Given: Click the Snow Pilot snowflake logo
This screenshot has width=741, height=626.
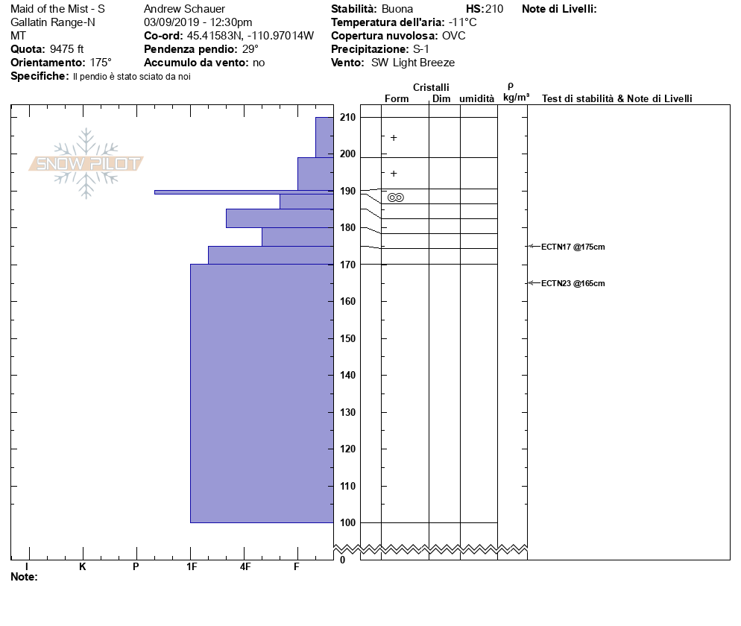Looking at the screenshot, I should pos(86,163).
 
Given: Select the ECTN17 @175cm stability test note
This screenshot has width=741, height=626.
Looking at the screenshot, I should pos(573,247).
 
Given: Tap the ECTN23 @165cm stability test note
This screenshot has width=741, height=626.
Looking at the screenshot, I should pos(573,283).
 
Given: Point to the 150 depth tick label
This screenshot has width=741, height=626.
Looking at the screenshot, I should pos(347,338).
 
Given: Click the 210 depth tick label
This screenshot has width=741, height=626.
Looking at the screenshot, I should pos(347,118).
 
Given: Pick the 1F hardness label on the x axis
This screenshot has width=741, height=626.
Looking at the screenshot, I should pos(192,567).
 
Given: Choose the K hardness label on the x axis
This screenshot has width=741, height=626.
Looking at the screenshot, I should pos(83,567).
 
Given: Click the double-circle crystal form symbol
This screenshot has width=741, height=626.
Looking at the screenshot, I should pos(396,197).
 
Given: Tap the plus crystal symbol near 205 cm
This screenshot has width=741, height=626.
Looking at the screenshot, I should pos(394,138).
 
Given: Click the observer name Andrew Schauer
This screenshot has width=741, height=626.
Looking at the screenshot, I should pos(184,9).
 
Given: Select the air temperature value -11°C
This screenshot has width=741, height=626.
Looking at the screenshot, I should pos(462,22).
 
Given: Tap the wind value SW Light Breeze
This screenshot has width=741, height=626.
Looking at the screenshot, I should pos(413,63).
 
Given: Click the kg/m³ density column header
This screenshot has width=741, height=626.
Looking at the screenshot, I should pos(516,98).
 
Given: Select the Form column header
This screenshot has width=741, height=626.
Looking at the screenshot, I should pos(397,98).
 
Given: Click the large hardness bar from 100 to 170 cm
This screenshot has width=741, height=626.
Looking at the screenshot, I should pos(262,393).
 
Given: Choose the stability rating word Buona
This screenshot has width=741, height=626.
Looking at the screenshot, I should pos(397,9).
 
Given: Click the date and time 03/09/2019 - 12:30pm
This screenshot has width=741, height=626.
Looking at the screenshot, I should pos(198,22).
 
